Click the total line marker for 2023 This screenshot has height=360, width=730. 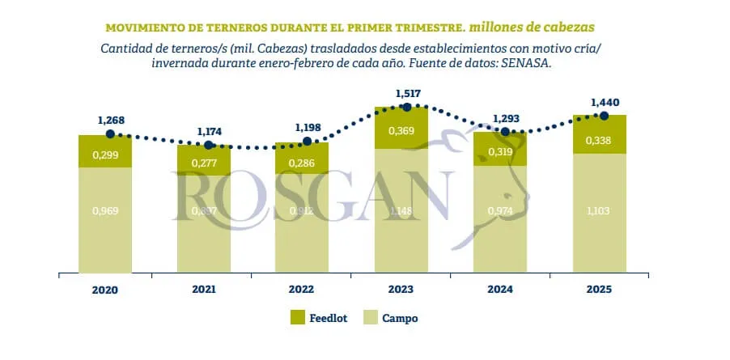pyautogui.click(x=407, y=107)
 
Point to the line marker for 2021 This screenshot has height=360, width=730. pyautogui.click(x=209, y=146)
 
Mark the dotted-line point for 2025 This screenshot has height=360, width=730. pyautogui.click(x=603, y=115)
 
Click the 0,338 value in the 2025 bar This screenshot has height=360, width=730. pyautogui.click(x=601, y=141)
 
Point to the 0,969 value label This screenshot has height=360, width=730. pyautogui.click(x=105, y=211)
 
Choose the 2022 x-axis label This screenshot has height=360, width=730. pyautogui.click(x=303, y=290)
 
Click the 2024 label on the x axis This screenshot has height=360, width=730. pyautogui.click(x=500, y=290)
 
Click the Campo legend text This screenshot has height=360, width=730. pyautogui.click(x=400, y=319)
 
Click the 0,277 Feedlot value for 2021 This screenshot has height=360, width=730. pyautogui.click(x=204, y=163)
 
